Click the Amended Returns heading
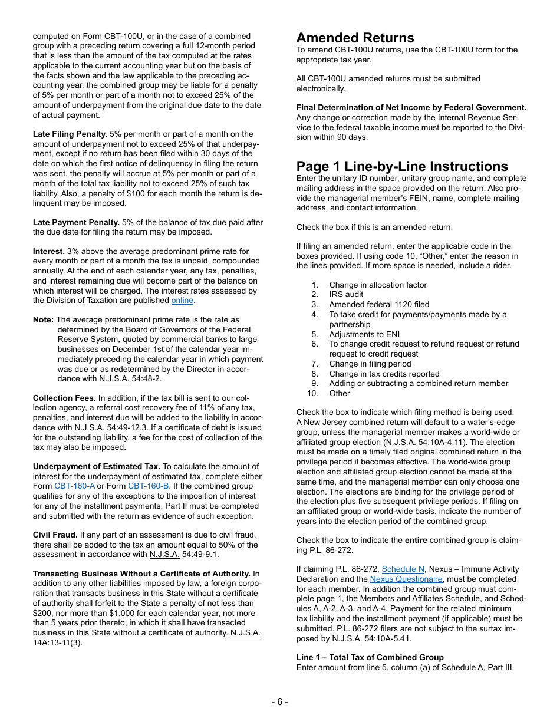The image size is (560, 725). coord(355,38)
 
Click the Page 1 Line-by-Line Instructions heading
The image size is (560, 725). coord(402,166)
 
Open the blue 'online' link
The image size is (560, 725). coord(182,301)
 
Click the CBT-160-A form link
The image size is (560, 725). coord(74,486)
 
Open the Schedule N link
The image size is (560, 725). coord(403,569)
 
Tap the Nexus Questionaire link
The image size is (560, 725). coord(406,579)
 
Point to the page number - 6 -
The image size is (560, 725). coord(279,701)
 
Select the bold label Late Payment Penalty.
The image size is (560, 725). coord(76,223)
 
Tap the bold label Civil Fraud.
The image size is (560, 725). coord(55,535)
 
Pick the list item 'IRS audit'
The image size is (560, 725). coord(346,295)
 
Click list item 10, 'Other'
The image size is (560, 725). coord(340,393)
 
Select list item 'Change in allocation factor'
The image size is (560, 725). coord(377,285)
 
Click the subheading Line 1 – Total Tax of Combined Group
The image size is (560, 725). coord(370,658)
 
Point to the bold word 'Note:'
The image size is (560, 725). coord(43,320)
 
